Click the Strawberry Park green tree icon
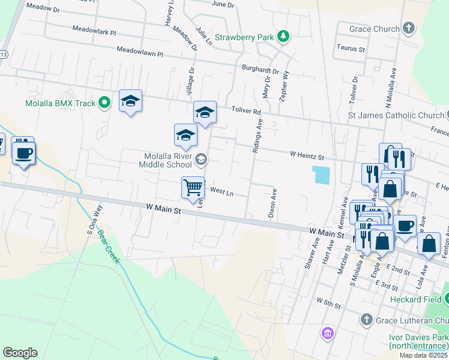[x=284, y=37]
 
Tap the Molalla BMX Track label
[x=60, y=103]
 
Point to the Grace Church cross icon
[x=409, y=28]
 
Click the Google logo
[x=20, y=353]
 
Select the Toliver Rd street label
[x=247, y=112]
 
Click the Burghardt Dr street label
[x=261, y=70]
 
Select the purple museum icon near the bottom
[x=327, y=333]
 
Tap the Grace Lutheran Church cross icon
[x=367, y=320]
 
